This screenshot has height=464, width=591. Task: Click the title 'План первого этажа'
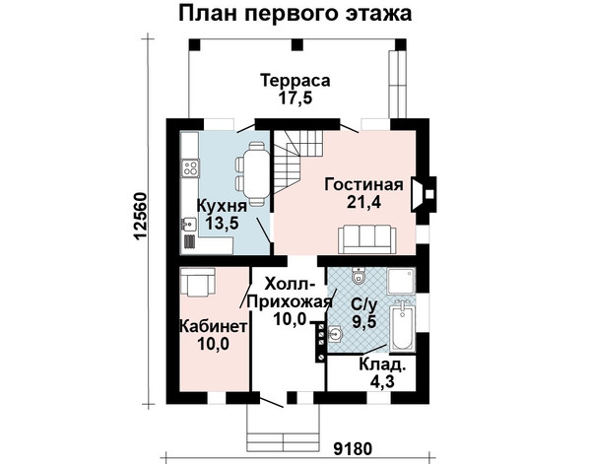click(x=295, y=14)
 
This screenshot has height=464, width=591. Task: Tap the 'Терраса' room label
click(x=295, y=81)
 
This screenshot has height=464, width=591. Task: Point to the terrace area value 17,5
click(x=295, y=98)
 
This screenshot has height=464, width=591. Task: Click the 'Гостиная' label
click(x=364, y=184)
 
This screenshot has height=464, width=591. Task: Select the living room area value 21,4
click(x=363, y=202)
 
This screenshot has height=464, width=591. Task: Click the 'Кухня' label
click(x=223, y=206)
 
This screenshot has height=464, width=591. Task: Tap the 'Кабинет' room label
click(x=213, y=326)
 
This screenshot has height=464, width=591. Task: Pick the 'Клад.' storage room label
click(x=382, y=365)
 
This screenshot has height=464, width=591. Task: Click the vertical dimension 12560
click(x=140, y=217)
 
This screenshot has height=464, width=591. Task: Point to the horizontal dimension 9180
click(x=354, y=448)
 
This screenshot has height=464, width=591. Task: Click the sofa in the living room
click(x=367, y=239)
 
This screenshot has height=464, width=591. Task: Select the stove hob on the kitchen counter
click(x=190, y=168)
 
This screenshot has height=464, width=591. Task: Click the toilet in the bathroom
click(x=359, y=276)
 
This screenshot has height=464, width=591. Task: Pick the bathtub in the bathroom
click(x=402, y=326)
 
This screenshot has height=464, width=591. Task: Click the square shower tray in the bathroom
click(x=401, y=281)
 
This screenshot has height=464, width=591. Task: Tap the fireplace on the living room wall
click(x=424, y=194)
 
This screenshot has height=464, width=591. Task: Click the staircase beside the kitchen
click(x=297, y=162)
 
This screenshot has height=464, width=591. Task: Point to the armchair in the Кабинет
click(x=198, y=281)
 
